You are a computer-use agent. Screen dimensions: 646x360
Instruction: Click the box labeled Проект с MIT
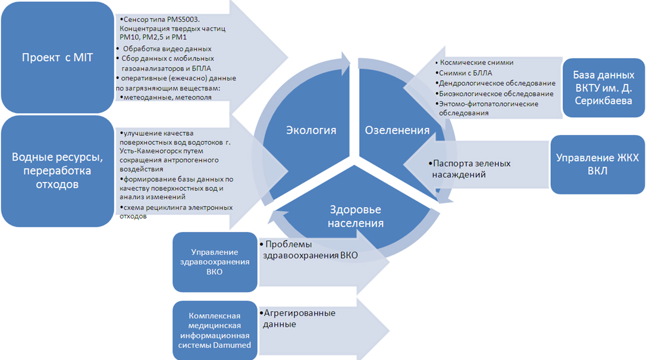click(x=57, y=57)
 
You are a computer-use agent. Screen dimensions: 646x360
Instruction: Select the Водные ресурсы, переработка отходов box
click(x=57, y=171)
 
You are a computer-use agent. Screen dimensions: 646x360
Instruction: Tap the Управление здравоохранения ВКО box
click(x=215, y=262)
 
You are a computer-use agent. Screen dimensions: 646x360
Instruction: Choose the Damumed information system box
click(x=215, y=330)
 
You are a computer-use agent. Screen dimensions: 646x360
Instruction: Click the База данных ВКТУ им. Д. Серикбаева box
click(x=604, y=87)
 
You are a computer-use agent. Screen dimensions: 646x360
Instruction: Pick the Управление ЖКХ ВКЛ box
click(x=597, y=164)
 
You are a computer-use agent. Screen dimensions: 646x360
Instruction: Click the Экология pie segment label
click(x=311, y=130)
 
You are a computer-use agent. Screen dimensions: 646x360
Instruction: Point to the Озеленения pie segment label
click(x=397, y=130)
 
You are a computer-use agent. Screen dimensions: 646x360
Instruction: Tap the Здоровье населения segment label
click(x=356, y=216)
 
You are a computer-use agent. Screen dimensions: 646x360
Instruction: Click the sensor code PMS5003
click(x=183, y=20)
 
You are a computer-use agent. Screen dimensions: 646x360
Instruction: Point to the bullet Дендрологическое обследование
click(x=497, y=83)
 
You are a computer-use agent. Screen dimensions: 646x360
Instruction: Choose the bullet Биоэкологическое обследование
click(x=496, y=93)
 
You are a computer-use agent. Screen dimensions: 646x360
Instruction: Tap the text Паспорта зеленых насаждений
click(x=471, y=169)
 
